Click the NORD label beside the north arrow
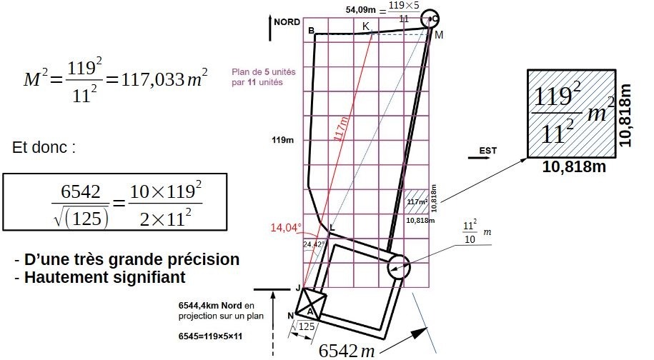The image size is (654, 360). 287,22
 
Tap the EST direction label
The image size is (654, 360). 488,151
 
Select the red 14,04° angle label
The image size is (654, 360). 286,227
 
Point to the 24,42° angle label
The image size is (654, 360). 314,244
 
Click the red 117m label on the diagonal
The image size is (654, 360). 342,129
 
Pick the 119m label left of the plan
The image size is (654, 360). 283,140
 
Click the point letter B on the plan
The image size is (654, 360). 311,31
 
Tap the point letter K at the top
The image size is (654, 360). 366,26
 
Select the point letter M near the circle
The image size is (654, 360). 439,35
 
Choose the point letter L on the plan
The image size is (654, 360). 332,227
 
